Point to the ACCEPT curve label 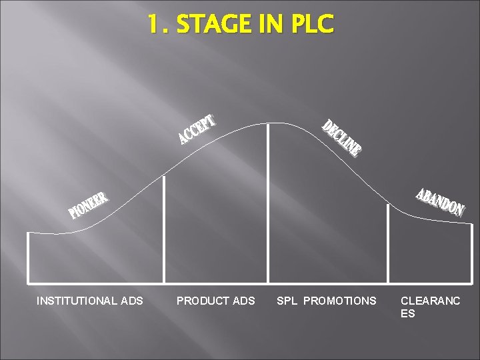[197, 130]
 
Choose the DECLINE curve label [342, 138]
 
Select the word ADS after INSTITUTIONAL [132, 301]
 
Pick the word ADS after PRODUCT [245, 301]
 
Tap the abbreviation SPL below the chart [287, 301]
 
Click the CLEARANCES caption [430, 307]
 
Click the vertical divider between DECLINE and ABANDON [388, 243]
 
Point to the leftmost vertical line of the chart [28, 257]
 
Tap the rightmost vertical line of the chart [471, 253]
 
